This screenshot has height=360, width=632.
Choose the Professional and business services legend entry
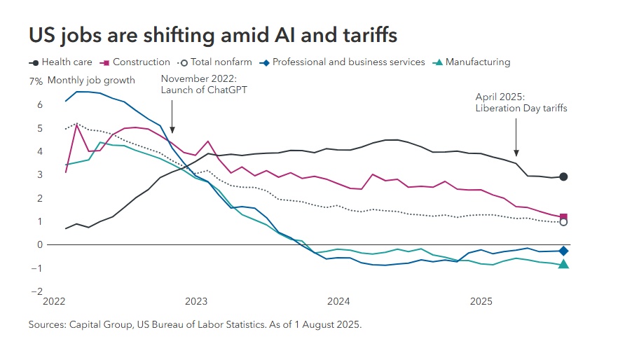pyautogui.click(x=343, y=62)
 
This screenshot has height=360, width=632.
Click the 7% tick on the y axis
pyautogui.click(x=36, y=81)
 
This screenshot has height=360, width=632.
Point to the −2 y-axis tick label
pyautogui.click(x=38, y=291)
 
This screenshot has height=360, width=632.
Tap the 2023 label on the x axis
pyautogui.click(x=196, y=302)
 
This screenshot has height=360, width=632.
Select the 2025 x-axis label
pyautogui.click(x=481, y=302)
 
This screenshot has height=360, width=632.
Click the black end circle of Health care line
pyautogui.click(x=563, y=176)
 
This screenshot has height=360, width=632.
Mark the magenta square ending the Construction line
pyautogui.click(x=563, y=217)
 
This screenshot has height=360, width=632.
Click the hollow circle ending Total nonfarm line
pyautogui.click(x=563, y=222)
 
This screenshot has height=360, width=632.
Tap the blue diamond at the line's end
pyautogui.click(x=563, y=251)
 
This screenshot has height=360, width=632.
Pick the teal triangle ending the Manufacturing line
pyautogui.click(x=563, y=264)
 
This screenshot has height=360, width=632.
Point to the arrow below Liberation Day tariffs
pyautogui.click(x=516, y=137)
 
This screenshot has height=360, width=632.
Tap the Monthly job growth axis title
pyautogui.click(x=91, y=81)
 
